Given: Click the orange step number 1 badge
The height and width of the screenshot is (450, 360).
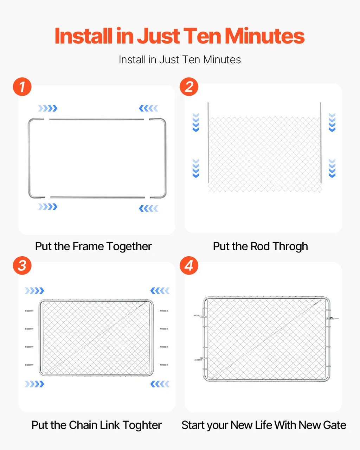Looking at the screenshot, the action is pyautogui.click(x=22, y=86).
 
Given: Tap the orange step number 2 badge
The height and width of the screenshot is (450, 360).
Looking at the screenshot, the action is pyautogui.click(x=189, y=86).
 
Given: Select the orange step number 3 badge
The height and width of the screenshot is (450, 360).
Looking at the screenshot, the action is pyautogui.click(x=22, y=265).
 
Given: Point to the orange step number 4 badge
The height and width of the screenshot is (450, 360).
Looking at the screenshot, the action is pyautogui.click(x=189, y=265).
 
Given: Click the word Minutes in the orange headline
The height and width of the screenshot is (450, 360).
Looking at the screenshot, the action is pyautogui.click(x=265, y=36).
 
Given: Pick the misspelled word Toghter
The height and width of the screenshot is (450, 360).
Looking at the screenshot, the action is pyautogui.click(x=142, y=425).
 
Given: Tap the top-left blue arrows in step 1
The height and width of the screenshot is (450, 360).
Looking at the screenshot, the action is pyautogui.click(x=48, y=108).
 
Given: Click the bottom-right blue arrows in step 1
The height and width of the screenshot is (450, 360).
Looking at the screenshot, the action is pyautogui.click(x=148, y=208).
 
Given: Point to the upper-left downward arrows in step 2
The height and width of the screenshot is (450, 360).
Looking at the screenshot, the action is pyautogui.click(x=196, y=122).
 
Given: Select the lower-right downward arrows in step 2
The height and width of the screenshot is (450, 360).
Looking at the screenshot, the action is pyautogui.click(x=332, y=168).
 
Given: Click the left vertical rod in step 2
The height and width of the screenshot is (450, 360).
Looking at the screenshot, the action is pyautogui.click(x=208, y=143).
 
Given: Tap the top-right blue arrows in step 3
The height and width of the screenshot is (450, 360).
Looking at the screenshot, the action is pyautogui.click(x=160, y=291).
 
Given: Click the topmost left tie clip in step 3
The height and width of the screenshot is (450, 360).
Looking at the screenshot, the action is pyautogui.click(x=29, y=311).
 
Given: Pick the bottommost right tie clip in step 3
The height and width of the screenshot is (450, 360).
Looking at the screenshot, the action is pyautogui.click(x=164, y=365).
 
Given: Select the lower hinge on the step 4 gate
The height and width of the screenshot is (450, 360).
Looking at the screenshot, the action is pyautogui.click(x=200, y=359).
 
